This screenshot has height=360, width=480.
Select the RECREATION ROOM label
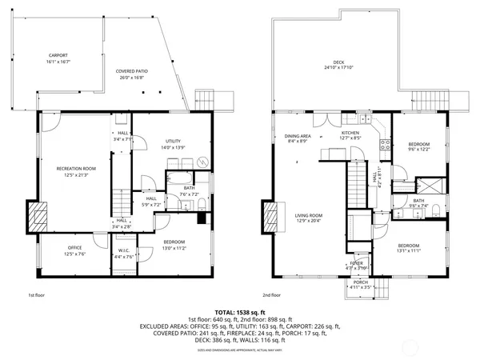click(76, 169)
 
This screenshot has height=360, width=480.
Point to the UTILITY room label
click(174, 141)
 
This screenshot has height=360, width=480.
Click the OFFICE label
click(74, 247)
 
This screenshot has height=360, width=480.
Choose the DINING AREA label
click(297, 136)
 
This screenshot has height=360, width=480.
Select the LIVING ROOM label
click(308, 215)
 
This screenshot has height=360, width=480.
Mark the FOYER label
click(356, 262)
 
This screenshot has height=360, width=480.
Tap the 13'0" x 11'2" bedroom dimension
click(174, 247)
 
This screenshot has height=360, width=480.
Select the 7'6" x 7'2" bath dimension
click(189, 194)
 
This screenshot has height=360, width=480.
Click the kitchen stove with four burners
click(384, 146)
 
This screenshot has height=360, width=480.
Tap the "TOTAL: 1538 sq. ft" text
click(239, 312)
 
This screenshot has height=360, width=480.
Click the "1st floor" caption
click(37, 294)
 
